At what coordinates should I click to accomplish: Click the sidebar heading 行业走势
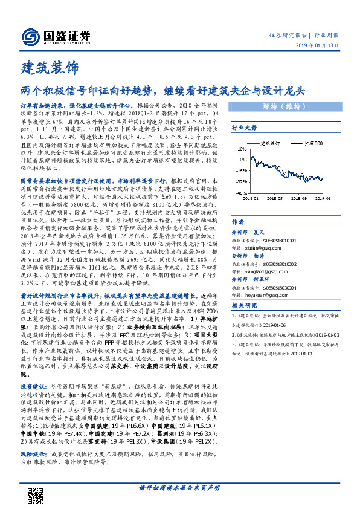pyautogui.click(x=245, y=128)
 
